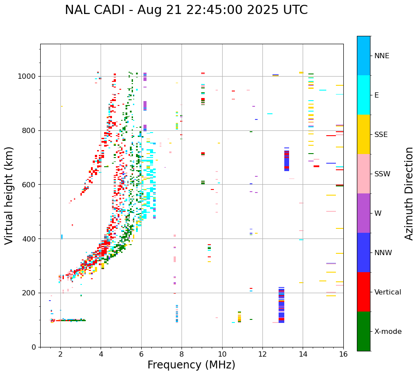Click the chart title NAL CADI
[186, 10]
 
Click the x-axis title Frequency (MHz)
[191, 365]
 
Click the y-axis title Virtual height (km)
[9, 195]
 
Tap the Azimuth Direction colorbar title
[409, 193]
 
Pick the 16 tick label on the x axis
[343, 354]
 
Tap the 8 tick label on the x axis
[182, 354]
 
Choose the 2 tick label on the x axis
[60, 354]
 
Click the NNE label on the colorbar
[381, 56]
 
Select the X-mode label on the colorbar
[388, 332]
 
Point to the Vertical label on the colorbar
[388, 292]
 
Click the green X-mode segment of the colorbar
[363, 331]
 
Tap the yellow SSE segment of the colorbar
[363, 134]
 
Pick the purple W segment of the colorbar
[363, 213]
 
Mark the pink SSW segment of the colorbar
[363, 174]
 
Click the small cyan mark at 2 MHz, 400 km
[62, 237]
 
